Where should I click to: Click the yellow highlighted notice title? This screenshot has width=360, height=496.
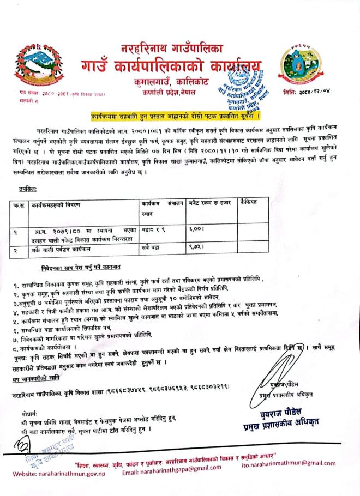click(175, 117)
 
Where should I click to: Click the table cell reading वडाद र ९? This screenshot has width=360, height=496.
click(154, 231)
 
